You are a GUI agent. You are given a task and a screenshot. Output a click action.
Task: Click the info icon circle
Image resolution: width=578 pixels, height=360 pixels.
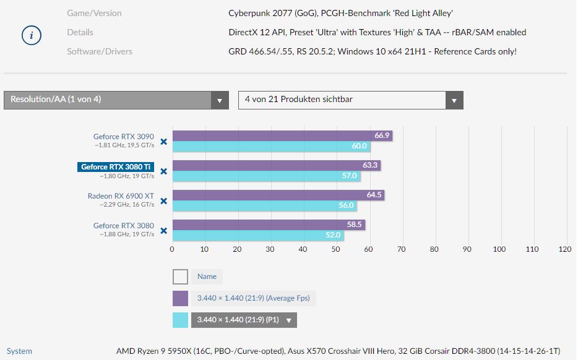32,36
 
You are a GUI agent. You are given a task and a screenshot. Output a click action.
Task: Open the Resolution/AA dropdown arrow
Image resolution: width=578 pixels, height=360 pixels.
220,100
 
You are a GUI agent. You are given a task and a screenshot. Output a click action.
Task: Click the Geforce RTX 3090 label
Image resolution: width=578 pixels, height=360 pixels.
124,137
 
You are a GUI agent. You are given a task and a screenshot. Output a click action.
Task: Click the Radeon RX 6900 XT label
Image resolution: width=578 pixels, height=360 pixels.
121,196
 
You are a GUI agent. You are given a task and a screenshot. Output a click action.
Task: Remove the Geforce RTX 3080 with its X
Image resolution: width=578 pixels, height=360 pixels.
164,231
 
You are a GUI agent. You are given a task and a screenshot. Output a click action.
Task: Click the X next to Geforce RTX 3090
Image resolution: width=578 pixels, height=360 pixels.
164,142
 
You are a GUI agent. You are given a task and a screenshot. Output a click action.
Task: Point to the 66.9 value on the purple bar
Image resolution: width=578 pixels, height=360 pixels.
382,135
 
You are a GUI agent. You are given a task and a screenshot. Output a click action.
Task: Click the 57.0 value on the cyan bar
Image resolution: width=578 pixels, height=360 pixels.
349,176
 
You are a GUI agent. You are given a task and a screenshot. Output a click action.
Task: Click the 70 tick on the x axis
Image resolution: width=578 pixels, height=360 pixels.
401,249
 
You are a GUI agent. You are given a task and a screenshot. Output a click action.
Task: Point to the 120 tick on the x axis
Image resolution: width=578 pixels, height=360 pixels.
564,249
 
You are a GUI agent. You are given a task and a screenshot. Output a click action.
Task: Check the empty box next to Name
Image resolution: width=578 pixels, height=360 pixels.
180,276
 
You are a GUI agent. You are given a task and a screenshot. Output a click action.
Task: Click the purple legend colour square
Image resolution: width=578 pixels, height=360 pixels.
180,298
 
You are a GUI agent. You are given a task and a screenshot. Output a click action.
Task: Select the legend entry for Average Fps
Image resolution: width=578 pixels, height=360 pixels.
253,298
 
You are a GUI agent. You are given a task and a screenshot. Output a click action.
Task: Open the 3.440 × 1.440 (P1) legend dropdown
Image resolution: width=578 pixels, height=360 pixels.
289,320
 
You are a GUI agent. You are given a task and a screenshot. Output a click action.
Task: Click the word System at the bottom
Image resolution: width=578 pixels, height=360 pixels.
19,351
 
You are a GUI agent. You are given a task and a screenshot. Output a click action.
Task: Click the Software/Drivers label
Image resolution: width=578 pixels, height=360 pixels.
100,51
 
